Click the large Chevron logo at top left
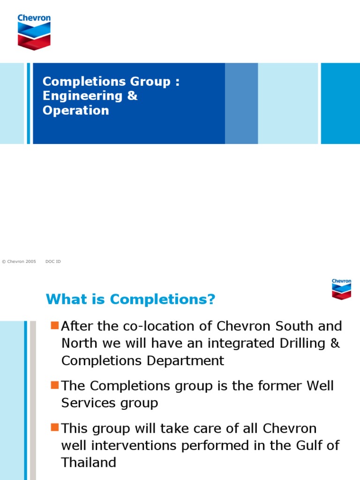click(34, 31)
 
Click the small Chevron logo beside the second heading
click(341, 289)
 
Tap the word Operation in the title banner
click(75, 110)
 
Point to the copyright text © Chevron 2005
click(19, 262)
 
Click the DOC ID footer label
click(53, 262)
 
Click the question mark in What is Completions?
click(211, 300)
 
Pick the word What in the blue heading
click(62, 300)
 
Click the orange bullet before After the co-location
click(54, 325)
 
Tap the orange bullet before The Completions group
click(54, 385)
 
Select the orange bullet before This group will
click(54, 427)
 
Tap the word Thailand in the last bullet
click(89, 462)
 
